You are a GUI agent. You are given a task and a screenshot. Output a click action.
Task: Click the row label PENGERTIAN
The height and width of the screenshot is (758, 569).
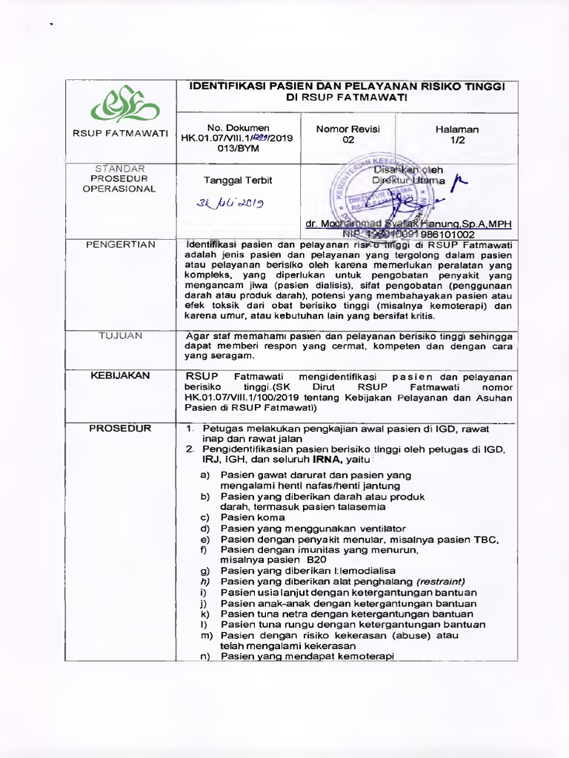pos(120,244)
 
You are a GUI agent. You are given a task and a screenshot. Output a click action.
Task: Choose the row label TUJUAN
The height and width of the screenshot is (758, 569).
pos(120,335)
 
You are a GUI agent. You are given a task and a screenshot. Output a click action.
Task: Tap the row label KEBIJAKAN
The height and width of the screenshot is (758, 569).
pos(120,375)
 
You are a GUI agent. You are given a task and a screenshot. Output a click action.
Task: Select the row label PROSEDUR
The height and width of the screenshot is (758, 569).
pos(120,429)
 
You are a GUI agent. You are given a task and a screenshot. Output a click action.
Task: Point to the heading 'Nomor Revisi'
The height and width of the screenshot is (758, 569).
pos(347,129)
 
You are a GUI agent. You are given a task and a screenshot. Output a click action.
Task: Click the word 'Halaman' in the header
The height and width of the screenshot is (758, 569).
pos(457,129)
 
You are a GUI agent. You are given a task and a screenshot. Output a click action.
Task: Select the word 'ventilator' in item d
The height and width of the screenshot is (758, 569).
pos(377,529)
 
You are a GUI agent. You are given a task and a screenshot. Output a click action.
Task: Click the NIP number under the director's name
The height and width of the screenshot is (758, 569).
pos(407,233)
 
